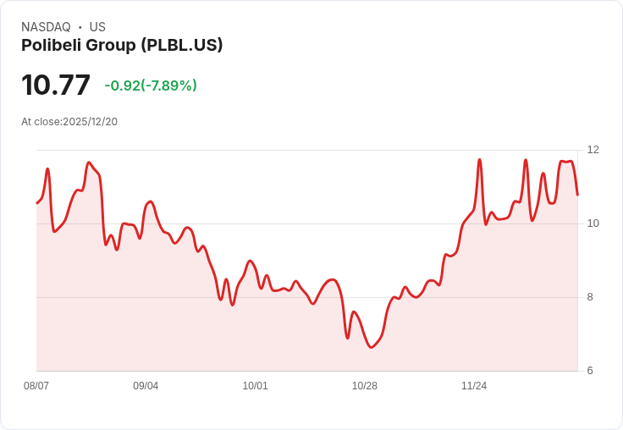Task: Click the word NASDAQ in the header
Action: click(46, 27)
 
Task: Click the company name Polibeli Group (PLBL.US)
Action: click(122, 45)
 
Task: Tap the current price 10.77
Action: click(56, 85)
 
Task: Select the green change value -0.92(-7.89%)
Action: click(151, 85)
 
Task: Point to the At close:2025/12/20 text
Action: click(69, 122)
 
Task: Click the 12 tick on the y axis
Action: click(593, 150)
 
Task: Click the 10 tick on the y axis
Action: click(593, 223)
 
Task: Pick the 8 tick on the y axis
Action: click(590, 297)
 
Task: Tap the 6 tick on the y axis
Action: click(590, 371)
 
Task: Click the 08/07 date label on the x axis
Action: click(36, 386)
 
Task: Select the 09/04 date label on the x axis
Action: click(146, 386)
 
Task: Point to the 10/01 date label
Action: click(255, 386)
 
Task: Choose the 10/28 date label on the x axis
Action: click(364, 386)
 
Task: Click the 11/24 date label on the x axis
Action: click(474, 386)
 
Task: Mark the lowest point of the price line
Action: click(371, 347)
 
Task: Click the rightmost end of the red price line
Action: click(577, 195)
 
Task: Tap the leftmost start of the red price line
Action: click(37, 203)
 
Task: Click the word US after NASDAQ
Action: click(97, 27)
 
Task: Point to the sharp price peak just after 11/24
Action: click(480, 159)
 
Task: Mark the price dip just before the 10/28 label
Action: click(347, 338)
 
